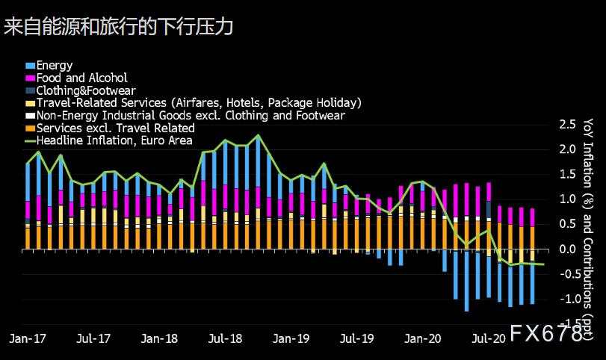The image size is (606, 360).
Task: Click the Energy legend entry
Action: click(54, 65)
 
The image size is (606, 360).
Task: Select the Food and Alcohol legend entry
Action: click(81, 78)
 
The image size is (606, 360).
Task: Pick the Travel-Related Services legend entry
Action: click(199, 102)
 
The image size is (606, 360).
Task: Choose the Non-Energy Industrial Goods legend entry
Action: click(190, 115)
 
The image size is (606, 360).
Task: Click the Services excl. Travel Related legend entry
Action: click(115, 128)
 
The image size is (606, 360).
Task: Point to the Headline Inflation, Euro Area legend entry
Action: click(114, 140)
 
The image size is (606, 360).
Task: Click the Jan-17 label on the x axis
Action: click(27, 338)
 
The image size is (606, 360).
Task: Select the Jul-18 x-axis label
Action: click(225, 338)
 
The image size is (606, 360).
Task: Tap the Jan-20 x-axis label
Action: click(423, 338)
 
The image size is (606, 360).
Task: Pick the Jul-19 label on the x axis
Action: click(357, 338)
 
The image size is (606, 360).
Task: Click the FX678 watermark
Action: click(546, 335)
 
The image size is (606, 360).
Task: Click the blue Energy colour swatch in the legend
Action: click(30, 66)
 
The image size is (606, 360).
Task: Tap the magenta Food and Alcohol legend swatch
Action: click(30, 78)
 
